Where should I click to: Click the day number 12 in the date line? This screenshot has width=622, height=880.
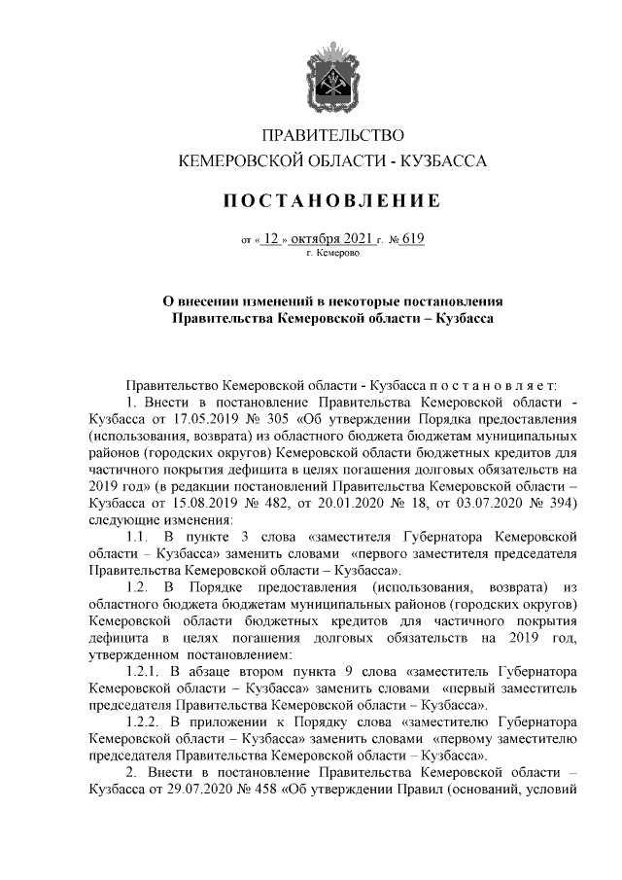click(x=270, y=236)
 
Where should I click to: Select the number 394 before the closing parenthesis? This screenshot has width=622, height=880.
click(x=561, y=502)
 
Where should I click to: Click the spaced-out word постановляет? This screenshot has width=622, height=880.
click(x=491, y=386)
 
